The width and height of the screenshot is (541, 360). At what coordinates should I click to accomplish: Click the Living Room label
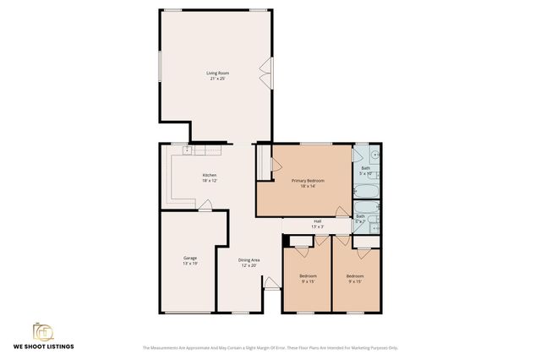(218, 73)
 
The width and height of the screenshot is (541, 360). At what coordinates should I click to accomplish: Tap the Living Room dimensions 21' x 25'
(218, 79)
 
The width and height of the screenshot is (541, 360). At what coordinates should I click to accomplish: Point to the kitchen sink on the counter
(188, 150)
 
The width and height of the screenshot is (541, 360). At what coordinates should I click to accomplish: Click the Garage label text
(190, 258)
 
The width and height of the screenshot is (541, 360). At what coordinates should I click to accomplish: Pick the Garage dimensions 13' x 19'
(190, 264)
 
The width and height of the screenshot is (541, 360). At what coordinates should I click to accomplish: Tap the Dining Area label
(249, 259)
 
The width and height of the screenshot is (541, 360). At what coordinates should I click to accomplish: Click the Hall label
(317, 221)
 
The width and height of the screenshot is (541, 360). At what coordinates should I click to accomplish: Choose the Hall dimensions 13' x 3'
(317, 226)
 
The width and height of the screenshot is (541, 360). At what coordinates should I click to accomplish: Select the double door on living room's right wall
(270, 74)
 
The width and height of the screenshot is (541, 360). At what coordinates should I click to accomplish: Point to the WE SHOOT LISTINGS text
(43, 346)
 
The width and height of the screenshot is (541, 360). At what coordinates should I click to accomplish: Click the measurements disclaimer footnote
(270, 347)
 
